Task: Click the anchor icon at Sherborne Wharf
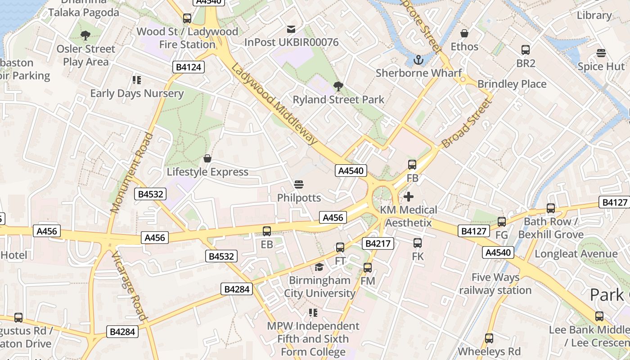[418, 59]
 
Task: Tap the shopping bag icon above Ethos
[464, 33]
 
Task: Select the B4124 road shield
[189, 67]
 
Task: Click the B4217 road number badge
[379, 244]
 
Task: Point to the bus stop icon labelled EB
[267, 231]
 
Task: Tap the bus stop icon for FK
[418, 243]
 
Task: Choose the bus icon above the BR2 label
[525, 50]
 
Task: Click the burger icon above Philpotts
[299, 184]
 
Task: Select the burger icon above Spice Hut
[601, 53]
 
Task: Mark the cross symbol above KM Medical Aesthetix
[409, 197]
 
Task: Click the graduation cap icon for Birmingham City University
[319, 267]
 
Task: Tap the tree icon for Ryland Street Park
[338, 86]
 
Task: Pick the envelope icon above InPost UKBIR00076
[291, 29]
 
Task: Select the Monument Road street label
[131, 173]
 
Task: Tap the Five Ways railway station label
[495, 283]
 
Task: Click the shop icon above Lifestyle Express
[207, 158]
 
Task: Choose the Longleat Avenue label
[576, 254]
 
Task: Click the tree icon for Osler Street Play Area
[85, 36]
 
